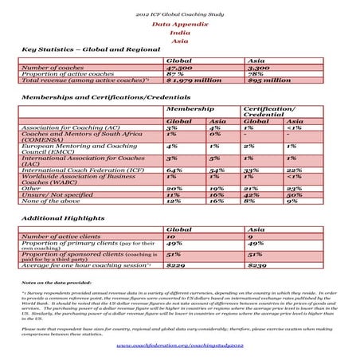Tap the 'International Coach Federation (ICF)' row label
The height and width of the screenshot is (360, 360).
coord(83,170)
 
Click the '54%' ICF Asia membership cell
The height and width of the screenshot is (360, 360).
coord(213,170)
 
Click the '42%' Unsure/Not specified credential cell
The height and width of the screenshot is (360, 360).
coord(251,194)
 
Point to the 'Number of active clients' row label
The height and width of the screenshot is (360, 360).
coord(61,237)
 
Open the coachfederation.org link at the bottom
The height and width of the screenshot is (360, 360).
coord(179,346)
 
